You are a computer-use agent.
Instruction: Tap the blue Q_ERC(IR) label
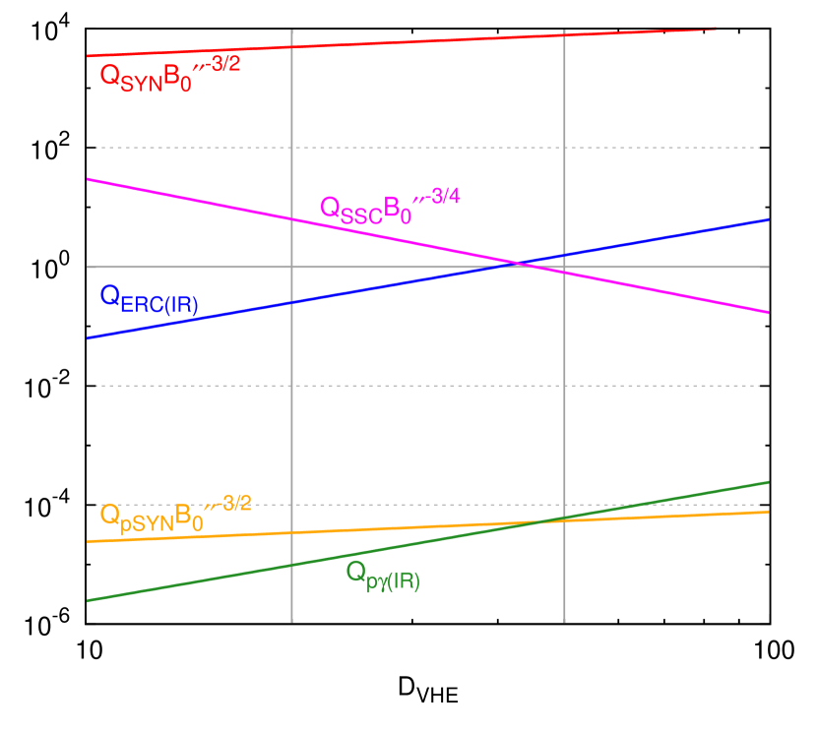tap(149, 299)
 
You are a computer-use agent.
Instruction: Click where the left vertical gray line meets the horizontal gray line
tap(292, 267)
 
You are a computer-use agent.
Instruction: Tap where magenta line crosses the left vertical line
tap(292, 217)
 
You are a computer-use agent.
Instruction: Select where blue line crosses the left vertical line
tap(292, 302)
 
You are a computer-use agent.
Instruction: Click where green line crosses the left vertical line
tap(292, 565)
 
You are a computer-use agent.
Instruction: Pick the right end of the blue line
tap(768, 219)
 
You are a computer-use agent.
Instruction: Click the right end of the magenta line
tap(768, 312)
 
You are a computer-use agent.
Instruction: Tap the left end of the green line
tap(88, 600)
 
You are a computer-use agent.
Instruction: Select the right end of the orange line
tap(768, 512)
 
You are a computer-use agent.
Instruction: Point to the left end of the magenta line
tap(88, 179)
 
